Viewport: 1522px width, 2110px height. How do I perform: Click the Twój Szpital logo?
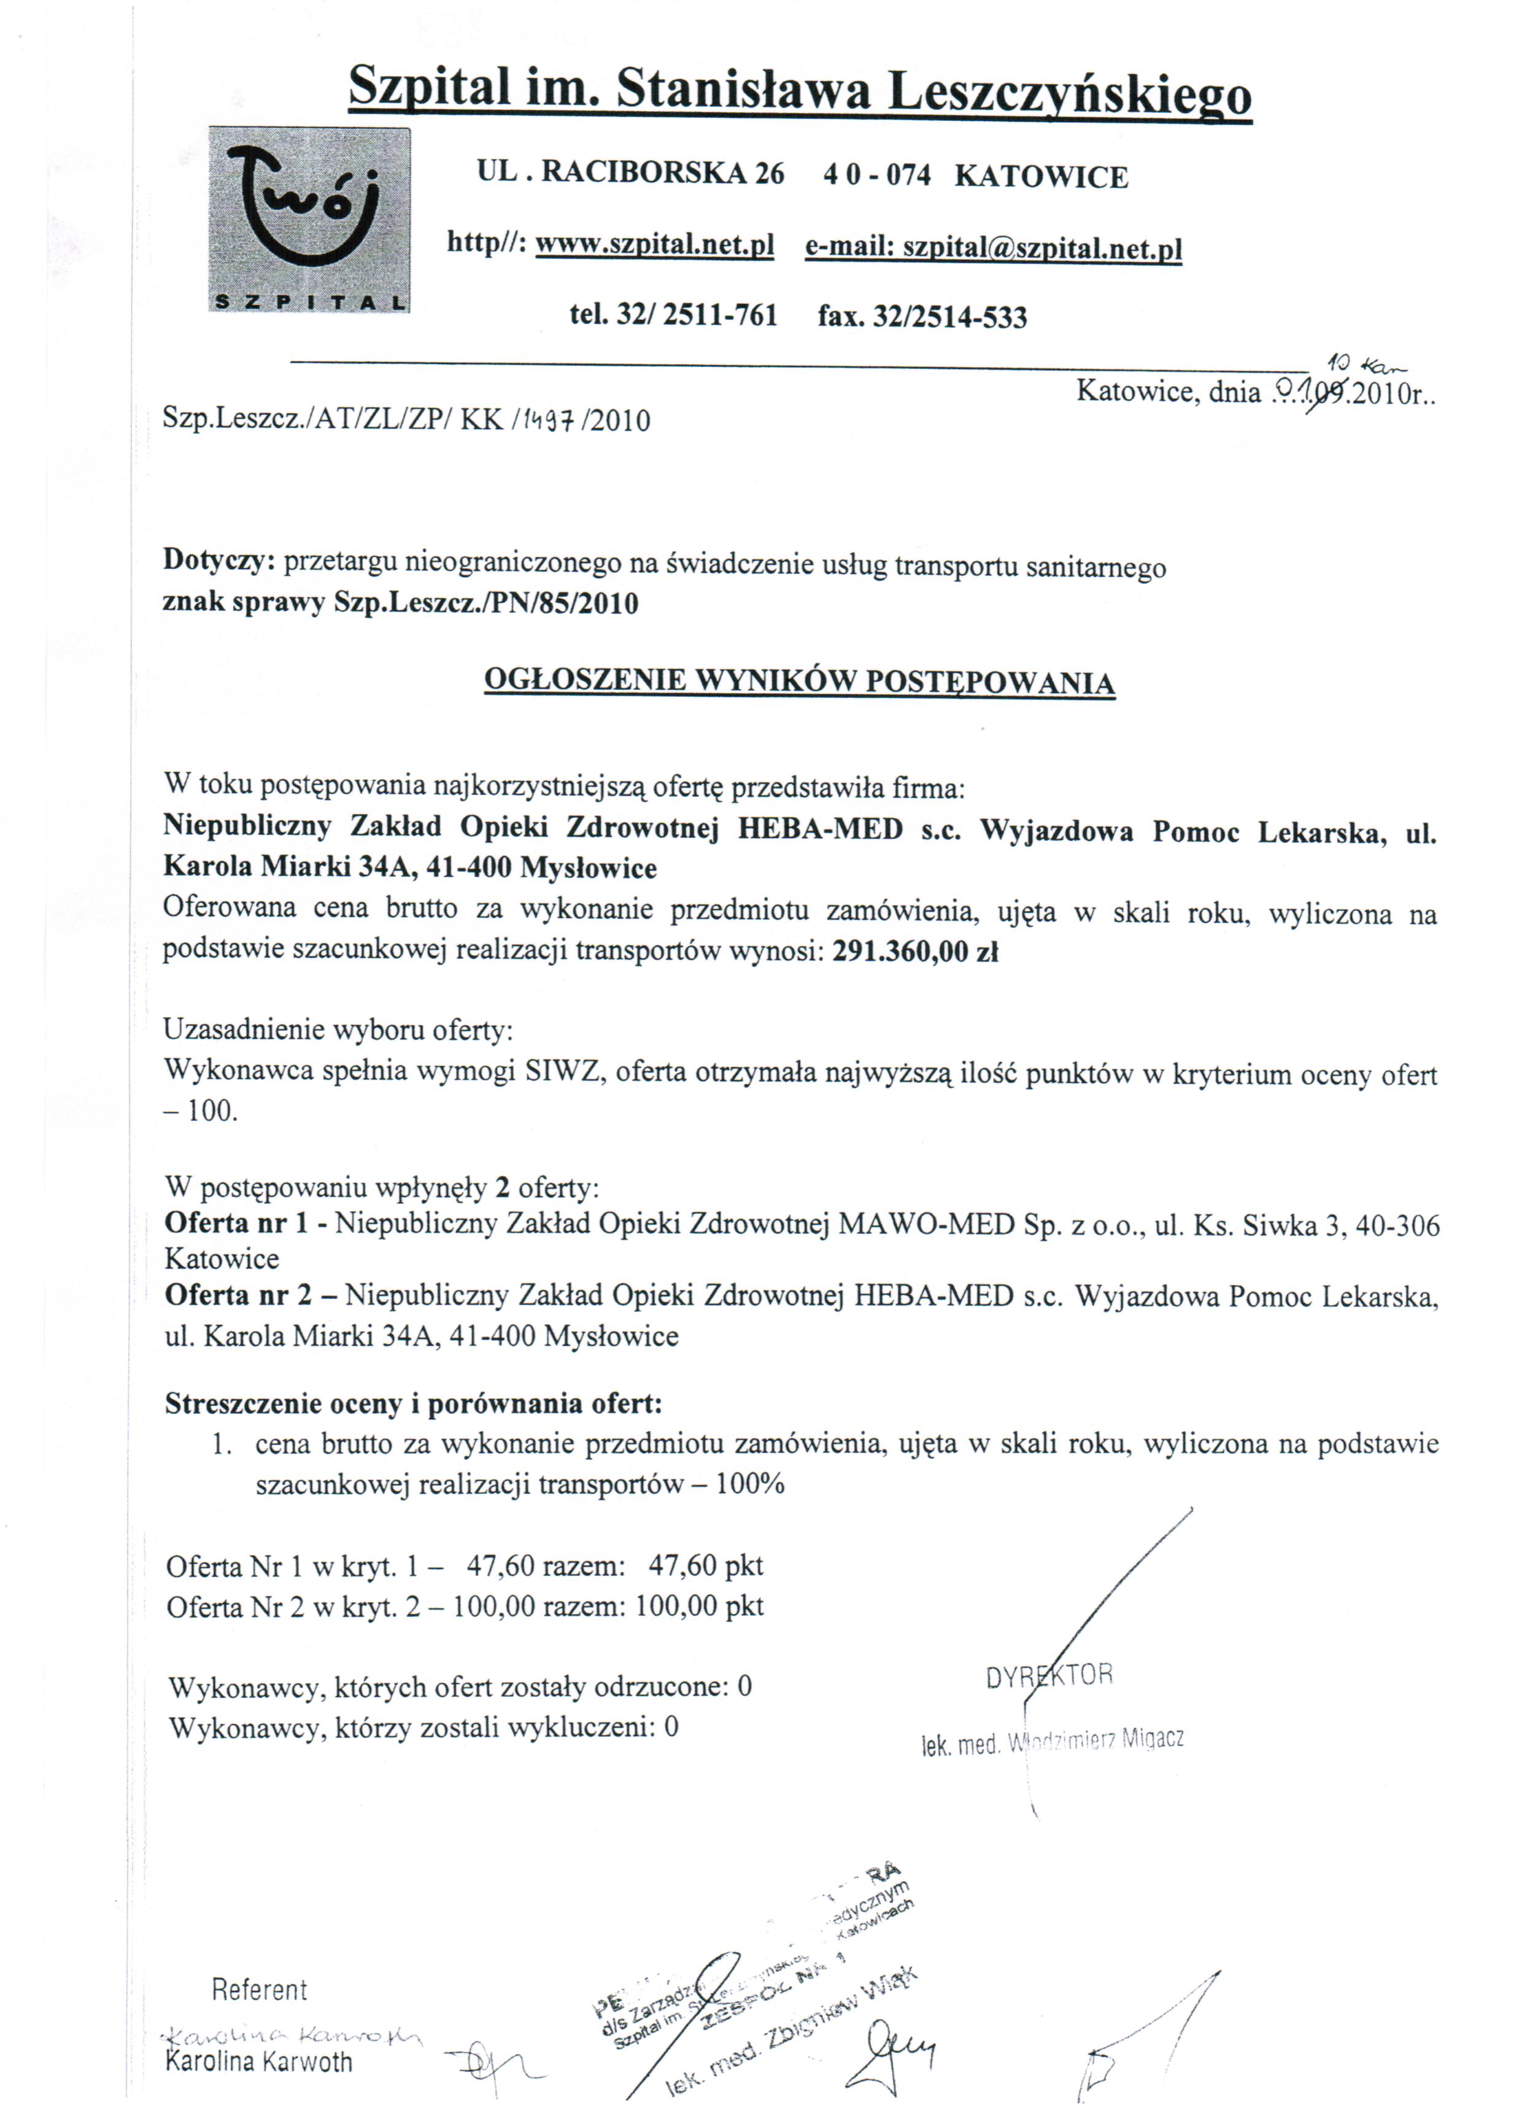click(x=309, y=220)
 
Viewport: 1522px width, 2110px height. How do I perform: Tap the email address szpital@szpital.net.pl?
click(x=1043, y=249)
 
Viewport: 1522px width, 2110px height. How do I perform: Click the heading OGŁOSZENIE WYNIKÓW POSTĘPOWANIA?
click(x=799, y=682)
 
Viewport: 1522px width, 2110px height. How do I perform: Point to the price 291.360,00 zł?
click(x=916, y=952)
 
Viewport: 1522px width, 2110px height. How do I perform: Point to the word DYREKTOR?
click(x=1048, y=1675)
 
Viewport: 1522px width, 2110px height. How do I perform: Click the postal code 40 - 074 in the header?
click(x=876, y=176)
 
